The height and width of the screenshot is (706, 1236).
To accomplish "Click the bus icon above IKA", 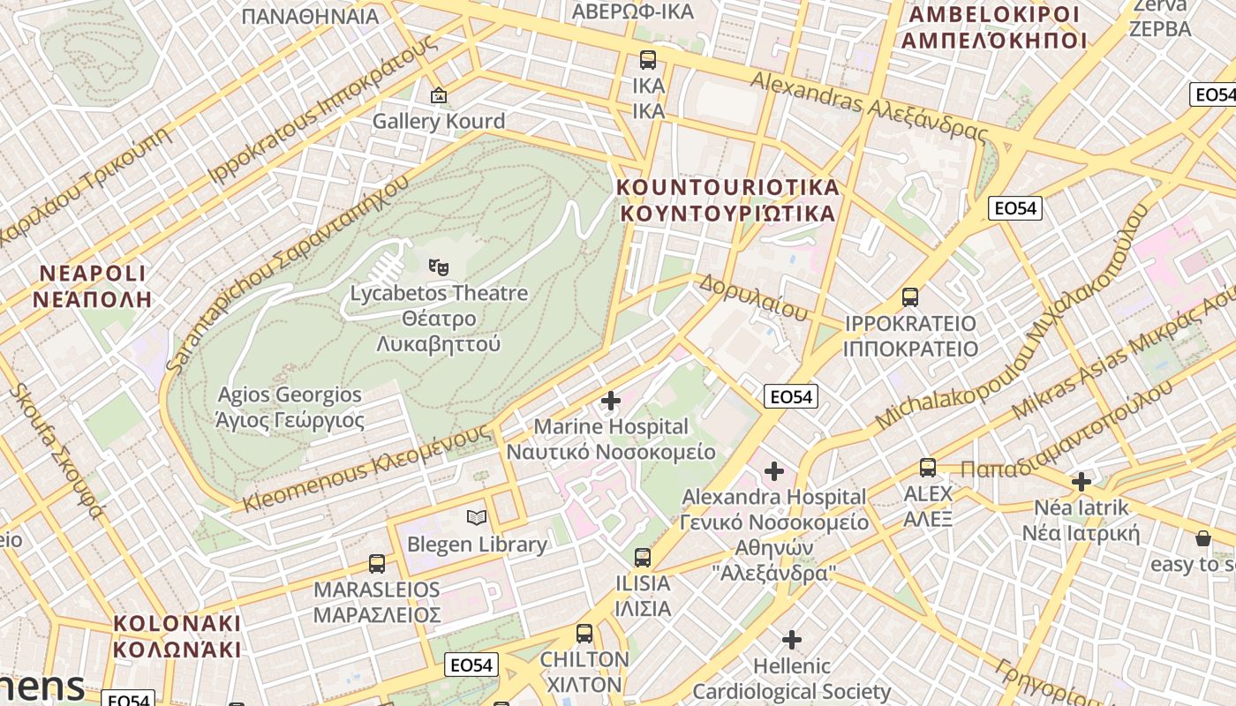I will point(648,60).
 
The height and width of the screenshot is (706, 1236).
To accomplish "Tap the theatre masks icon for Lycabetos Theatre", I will point(438,265).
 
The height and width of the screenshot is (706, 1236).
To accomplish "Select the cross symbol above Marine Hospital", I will point(610,401).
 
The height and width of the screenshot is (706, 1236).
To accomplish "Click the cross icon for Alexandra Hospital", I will point(774,471).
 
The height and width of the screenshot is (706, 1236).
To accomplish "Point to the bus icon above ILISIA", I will point(642,558).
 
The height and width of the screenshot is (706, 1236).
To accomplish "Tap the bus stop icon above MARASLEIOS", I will point(377,564).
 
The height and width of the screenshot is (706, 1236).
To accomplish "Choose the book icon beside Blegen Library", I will point(477,518).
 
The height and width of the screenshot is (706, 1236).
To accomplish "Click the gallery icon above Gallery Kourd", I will point(438,94).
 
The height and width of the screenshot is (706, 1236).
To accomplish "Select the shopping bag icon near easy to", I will point(1202,538).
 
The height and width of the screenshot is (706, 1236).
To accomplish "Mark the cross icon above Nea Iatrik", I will point(1081,482).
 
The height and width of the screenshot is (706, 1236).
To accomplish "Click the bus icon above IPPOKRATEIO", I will point(910,297).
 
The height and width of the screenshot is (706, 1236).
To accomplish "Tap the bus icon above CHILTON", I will point(584,634).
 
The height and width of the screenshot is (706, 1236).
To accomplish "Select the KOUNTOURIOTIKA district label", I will point(727,200).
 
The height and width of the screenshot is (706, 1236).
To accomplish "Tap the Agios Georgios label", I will point(290,407).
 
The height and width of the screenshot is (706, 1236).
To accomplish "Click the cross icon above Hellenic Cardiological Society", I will point(792,639).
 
